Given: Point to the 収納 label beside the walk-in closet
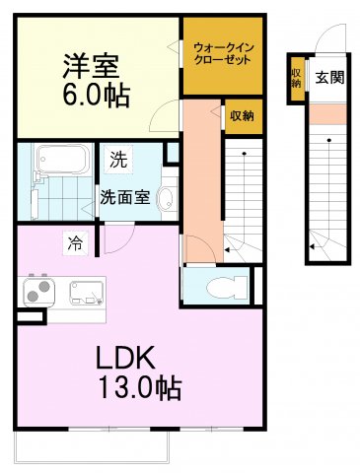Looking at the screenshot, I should pos(242,116).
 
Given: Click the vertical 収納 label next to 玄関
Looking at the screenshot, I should pos(296,76).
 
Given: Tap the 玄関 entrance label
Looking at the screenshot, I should pos(329,77).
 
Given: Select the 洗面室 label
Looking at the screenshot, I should pos(125,195).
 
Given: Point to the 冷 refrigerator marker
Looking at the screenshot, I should pos(75,239).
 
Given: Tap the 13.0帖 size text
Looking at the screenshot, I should pos(138,388).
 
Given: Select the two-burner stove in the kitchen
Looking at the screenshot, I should pos(40,292).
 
